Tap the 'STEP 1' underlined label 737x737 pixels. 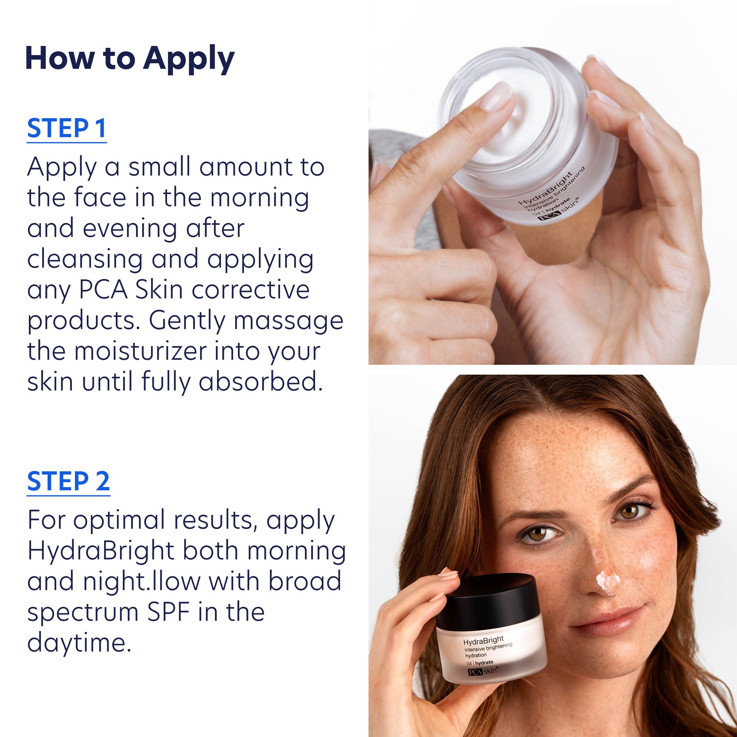pyautogui.click(x=66, y=129)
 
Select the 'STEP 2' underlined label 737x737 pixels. pyautogui.click(x=68, y=482)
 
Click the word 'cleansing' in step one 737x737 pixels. pyautogui.click(x=85, y=259)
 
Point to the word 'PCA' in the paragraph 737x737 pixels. pyautogui.click(x=103, y=290)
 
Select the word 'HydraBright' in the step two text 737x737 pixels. pyautogui.click(x=101, y=551)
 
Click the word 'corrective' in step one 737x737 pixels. pyautogui.click(x=250, y=290)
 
